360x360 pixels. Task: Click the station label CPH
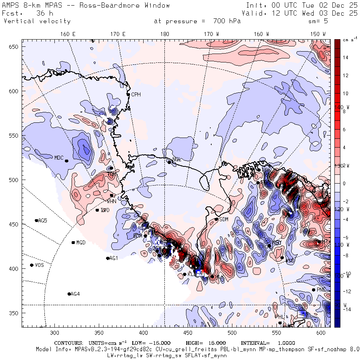point(136,94)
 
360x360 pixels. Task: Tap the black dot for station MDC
point(66,161)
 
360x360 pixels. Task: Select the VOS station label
point(39,265)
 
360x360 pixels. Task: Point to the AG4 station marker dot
point(69,294)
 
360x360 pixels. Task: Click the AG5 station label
point(42,220)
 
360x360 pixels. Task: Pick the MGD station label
point(81,243)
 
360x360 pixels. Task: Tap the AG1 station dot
point(108,258)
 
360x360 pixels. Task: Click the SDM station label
point(224,219)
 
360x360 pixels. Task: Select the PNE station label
point(321,290)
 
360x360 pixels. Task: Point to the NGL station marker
point(169,162)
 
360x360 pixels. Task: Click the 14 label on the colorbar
point(345,58)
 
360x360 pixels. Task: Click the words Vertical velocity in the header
point(37,21)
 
